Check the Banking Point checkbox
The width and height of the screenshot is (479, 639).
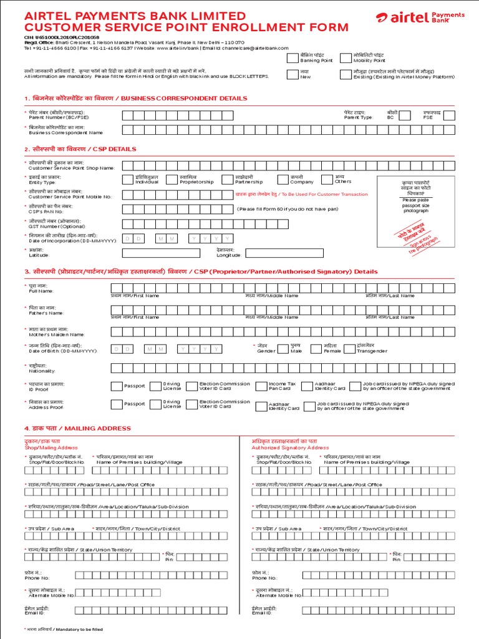293,59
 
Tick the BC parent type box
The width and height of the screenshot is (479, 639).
405,115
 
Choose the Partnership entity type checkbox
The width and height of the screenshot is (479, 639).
227,180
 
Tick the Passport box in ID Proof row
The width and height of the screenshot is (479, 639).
117,386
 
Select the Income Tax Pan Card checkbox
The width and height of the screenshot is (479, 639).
261,386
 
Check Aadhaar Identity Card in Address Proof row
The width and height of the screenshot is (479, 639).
261,406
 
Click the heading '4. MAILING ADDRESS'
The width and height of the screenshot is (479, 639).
77,428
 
